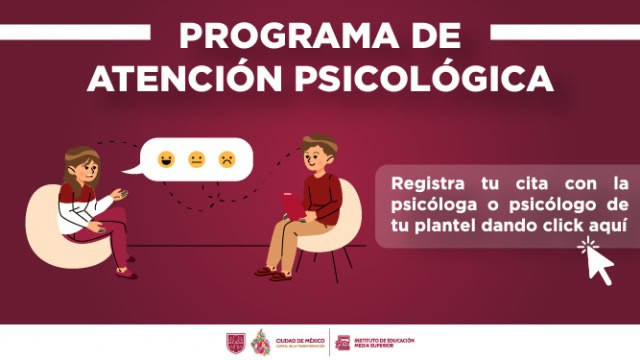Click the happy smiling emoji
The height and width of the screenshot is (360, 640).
[165, 158]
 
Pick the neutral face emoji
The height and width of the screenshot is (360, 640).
[196, 158]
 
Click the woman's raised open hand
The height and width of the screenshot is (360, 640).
[121, 195]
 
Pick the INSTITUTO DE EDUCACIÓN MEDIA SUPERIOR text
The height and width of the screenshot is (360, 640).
[384, 342]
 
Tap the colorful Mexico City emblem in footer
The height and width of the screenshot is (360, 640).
[259, 342]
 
